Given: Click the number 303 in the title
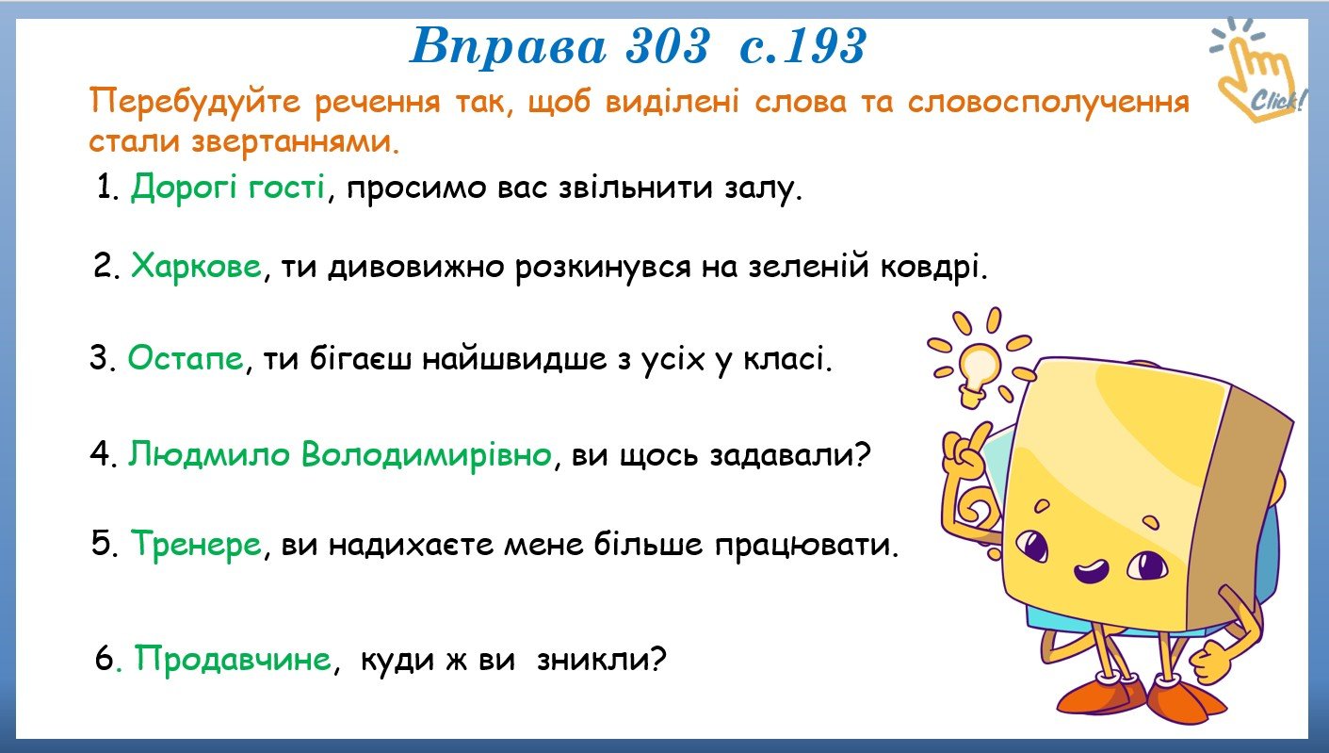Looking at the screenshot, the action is point(667,46).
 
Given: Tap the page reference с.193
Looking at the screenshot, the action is point(803,46).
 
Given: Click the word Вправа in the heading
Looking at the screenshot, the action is point(509,47).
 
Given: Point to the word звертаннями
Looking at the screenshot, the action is point(295,142).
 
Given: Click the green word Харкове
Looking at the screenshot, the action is point(196,266).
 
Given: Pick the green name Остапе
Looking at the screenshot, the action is point(186,358).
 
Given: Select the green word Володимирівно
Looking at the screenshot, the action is point(427,456).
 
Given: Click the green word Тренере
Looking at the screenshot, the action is point(196,544).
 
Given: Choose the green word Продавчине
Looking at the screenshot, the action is point(233,659).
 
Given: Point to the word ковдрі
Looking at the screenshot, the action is point(933,268).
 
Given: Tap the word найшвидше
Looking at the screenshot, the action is point(515,359).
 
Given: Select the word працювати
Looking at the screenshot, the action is point(806,545).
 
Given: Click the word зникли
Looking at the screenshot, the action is point(602,660).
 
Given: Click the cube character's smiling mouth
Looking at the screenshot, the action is point(1091,572).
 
